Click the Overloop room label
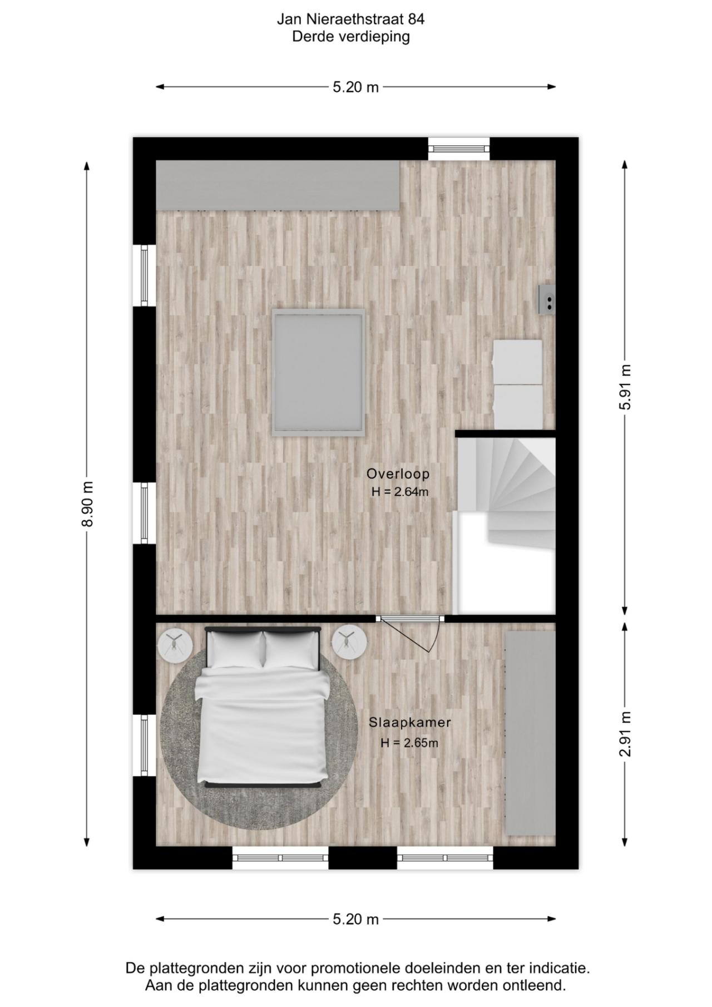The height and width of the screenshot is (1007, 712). coord(398,474)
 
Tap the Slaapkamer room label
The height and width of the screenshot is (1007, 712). coord(409,722)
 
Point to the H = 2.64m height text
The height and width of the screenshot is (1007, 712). coord(400,492)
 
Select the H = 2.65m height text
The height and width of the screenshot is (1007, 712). coord(409,743)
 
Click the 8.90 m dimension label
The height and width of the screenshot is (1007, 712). coord(87,503)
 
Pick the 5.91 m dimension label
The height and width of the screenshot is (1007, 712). coord(625,387)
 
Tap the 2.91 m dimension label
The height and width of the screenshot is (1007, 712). coord(625,734)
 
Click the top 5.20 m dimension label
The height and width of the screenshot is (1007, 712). coord(355,87)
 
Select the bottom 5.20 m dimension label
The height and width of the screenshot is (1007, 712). coord(355,919)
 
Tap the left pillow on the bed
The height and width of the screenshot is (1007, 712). coord(236,649)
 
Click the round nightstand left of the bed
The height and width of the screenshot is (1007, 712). coord(175,643)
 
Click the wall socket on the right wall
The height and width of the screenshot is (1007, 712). coord(547,300)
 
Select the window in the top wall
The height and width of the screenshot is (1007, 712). coord(459,149)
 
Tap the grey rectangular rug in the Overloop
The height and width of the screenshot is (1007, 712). coord(318,372)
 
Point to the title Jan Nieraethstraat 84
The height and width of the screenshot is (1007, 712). coord(351,19)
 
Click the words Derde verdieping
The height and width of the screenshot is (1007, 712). coord(351,37)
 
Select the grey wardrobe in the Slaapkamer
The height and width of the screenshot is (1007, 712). coord(530,732)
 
